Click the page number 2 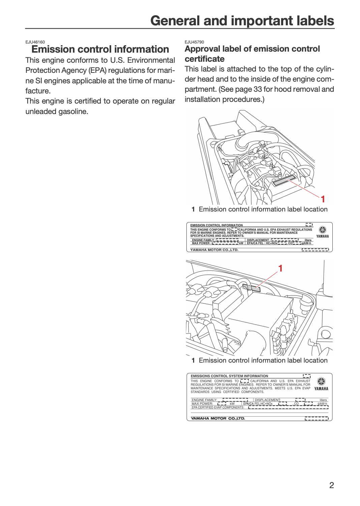tap(331, 485)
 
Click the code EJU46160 tap(35, 42)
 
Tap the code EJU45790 tap(194, 42)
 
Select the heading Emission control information tap(100, 49)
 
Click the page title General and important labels tap(242, 21)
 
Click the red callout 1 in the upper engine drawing tap(323, 199)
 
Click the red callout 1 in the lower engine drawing tap(280, 269)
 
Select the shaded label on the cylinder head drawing tap(284, 180)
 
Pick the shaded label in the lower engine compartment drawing tap(251, 288)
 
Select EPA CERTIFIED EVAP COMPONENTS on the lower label tap(218, 407)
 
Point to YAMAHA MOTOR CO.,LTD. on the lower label tap(218, 418)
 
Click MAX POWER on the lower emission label tap(202, 403)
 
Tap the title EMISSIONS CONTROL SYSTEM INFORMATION tap(229, 376)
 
